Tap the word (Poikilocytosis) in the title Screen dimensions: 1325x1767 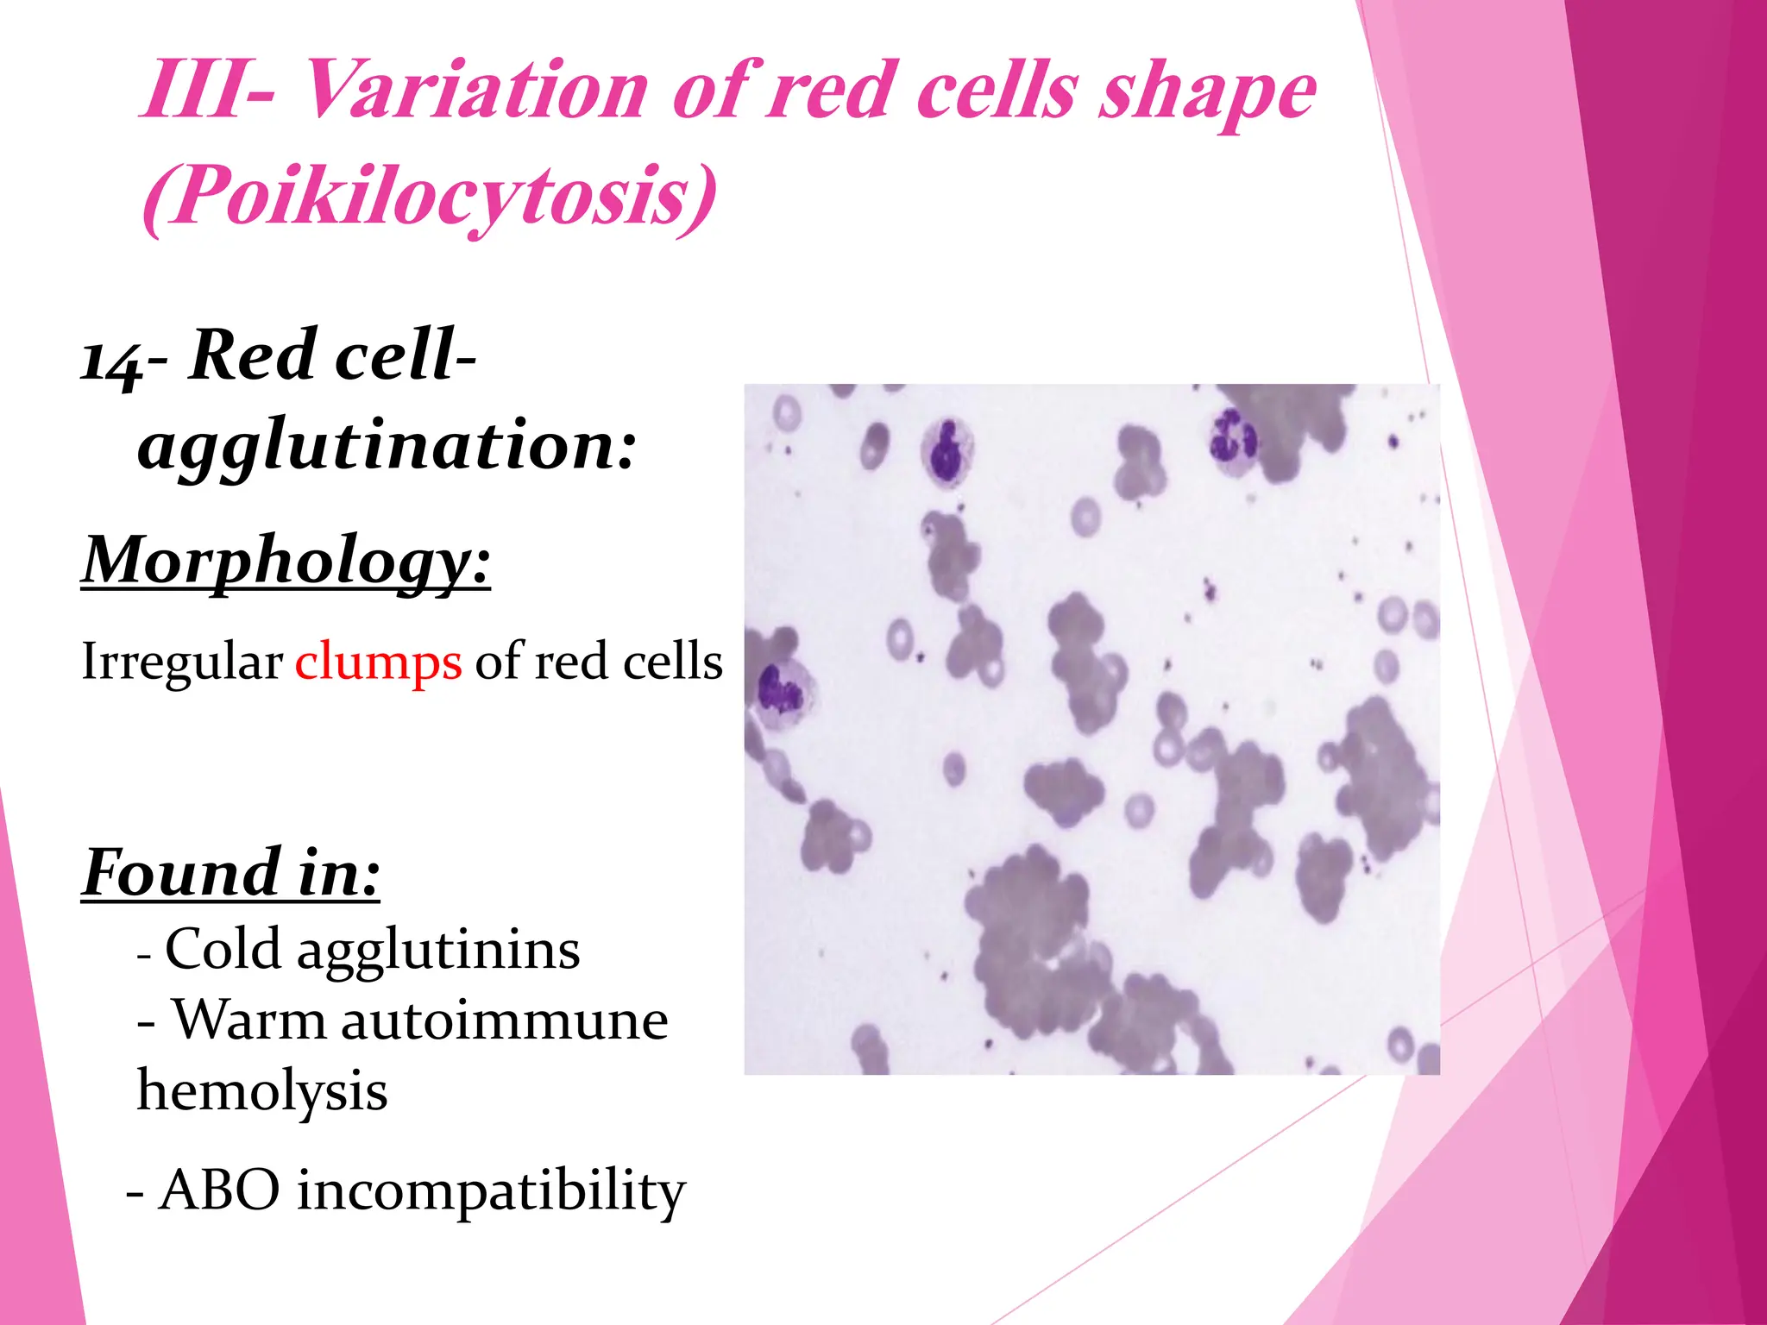point(429,197)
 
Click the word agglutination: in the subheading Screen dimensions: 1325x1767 point(387,447)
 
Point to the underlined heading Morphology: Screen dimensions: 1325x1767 point(286,561)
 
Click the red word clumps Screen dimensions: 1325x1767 point(378,662)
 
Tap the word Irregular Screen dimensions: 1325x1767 point(182,662)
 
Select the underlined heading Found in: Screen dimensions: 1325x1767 point(230,873)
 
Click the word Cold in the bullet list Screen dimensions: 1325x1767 point(223,950)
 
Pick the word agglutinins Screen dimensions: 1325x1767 point(438,951)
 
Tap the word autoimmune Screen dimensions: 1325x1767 point(505,1020)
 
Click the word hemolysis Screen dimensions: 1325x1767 point(262,1091)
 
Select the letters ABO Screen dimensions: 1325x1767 point(220,1190)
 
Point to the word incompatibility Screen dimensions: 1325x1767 point(491,1192)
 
